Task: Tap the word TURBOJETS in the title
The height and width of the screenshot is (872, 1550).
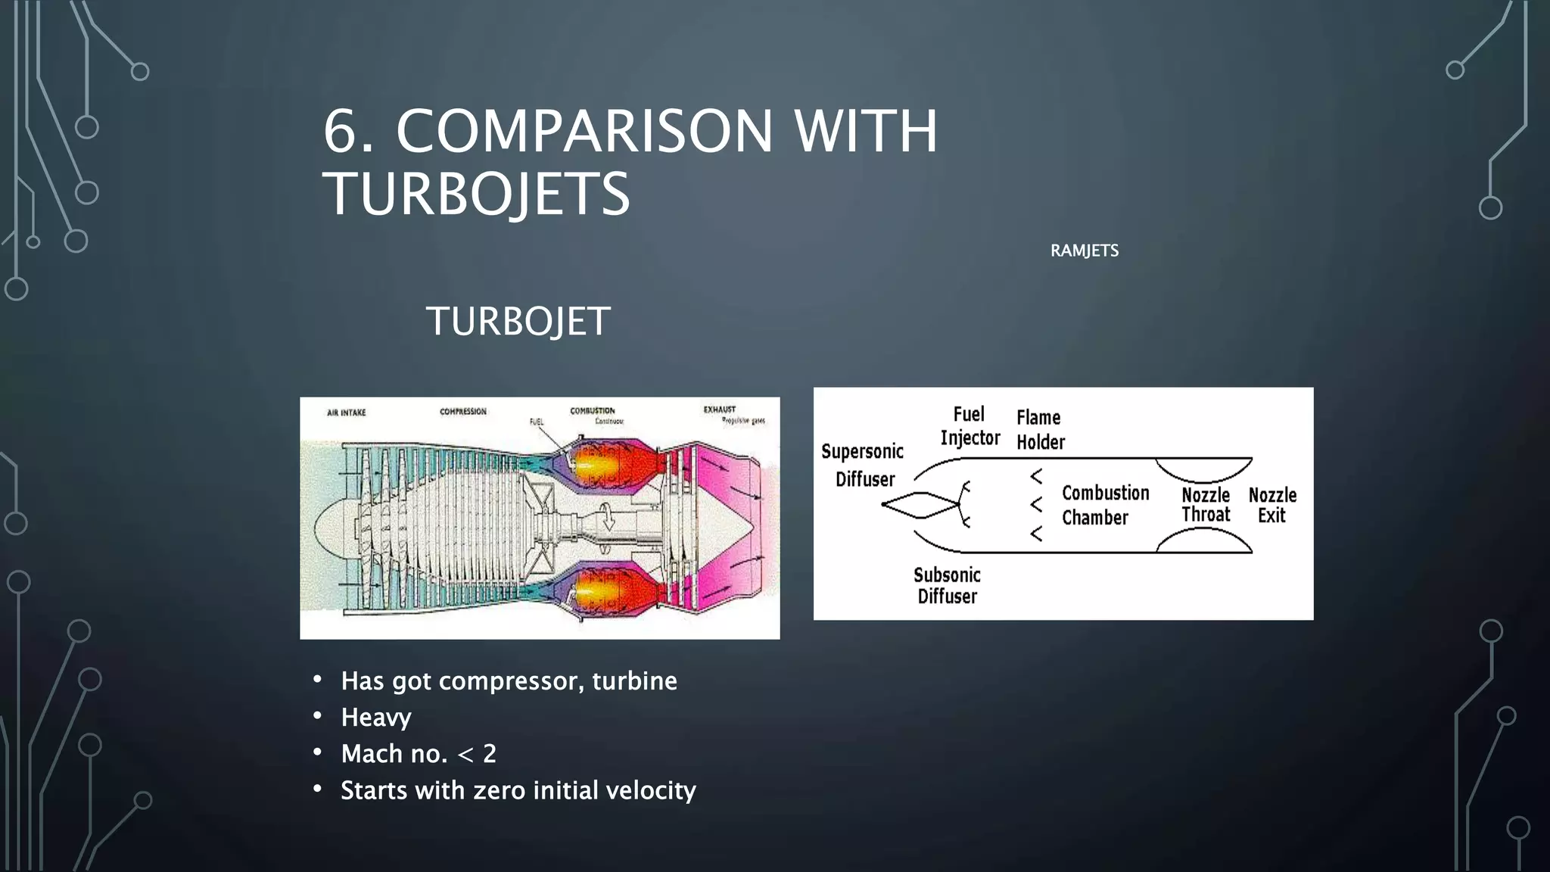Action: click(477, 195)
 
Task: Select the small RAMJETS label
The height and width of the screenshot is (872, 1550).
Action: click(1084, 251)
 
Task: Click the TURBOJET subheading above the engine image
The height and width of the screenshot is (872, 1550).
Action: click(518, 322)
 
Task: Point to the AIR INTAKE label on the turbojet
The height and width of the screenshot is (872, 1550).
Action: click(346, 413)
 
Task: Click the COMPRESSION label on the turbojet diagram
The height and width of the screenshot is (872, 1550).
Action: click(462, 412)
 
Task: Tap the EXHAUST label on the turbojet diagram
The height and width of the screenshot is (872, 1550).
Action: click(719, 410)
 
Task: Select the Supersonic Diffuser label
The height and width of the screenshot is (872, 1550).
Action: click(863, 466)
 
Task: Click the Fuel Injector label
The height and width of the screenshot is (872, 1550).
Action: click(970, 426)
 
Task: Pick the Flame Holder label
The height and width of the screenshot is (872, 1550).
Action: click(1040, 430)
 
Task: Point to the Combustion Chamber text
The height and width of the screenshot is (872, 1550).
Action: click(1104, 505)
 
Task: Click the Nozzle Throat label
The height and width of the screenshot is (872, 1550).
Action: click(1205, 505)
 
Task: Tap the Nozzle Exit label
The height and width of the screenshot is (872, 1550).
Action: click(1271, 505)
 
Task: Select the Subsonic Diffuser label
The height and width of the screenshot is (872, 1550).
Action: click(947, 585)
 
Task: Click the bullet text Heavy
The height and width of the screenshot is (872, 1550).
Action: click(375, 718)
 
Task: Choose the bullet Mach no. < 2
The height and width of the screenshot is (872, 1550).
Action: click(418, 754)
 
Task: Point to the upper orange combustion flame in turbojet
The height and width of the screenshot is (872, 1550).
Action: click(598, 464)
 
